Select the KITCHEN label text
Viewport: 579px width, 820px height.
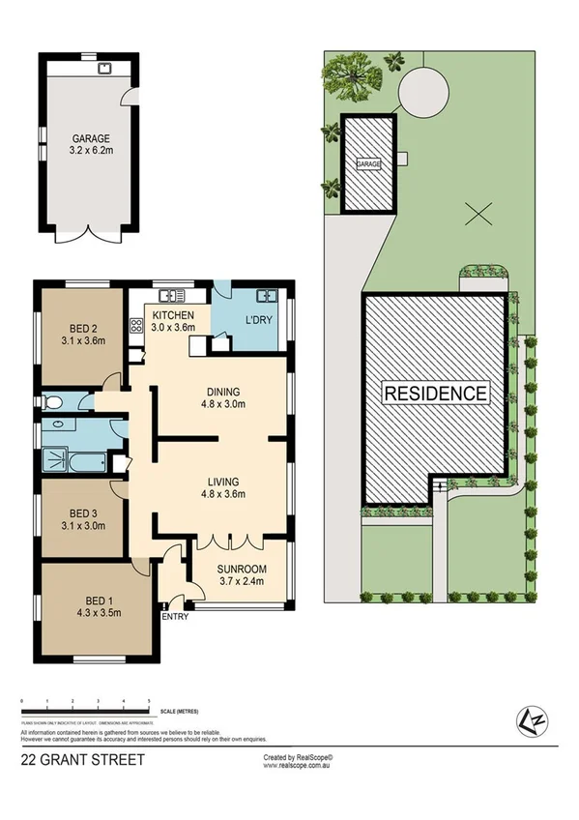click(x=173, y=315)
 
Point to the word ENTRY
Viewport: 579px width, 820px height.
click(x=175, y=617)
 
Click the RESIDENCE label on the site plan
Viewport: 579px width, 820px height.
click(x=436, y=394)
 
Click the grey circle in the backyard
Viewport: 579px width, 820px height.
click(x=423, y=92)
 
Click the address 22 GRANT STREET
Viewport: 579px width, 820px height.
click(x=82, y=760)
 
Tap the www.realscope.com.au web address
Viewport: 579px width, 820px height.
click(x=298, y=765)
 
